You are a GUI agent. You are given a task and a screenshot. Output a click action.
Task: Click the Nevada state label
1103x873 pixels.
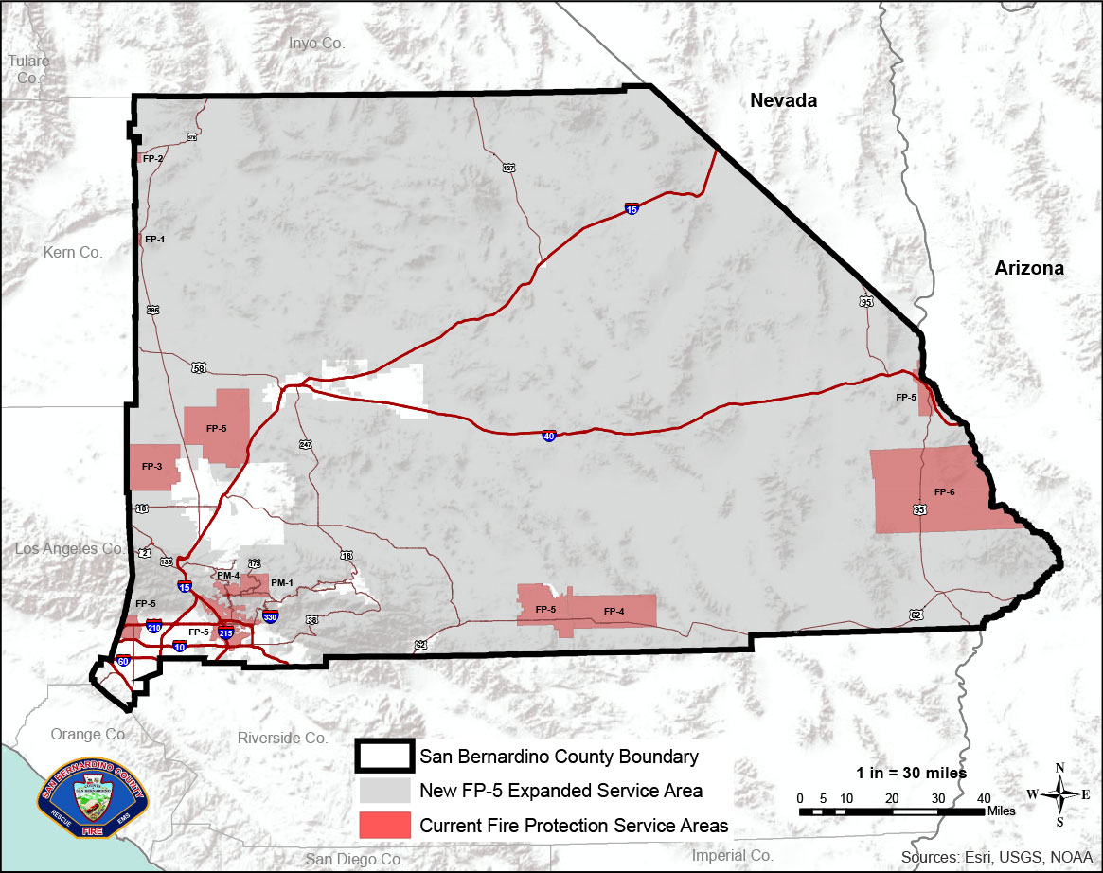point(782,100)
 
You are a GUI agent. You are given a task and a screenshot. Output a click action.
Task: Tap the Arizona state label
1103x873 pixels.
point(1028,268)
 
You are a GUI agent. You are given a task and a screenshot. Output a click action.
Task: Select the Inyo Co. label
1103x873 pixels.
point(317,43)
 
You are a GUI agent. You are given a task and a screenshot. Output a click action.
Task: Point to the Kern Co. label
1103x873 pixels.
point(72,252)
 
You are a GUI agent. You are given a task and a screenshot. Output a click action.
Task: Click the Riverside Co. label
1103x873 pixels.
point(282,738)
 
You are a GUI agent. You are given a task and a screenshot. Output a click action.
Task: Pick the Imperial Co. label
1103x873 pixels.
point(733,855)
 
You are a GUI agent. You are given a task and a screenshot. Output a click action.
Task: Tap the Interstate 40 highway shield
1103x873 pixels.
point(548,436)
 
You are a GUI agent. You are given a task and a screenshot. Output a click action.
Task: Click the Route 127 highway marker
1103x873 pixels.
point(508,168)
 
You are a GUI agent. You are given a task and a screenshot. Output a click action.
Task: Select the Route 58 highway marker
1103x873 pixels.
point(198,367)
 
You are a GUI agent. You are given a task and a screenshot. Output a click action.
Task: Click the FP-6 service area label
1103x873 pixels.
point(944,492)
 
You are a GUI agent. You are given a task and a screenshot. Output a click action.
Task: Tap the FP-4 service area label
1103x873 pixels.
point(614,612)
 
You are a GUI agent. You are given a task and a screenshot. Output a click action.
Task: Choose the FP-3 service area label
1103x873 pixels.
point(152,467)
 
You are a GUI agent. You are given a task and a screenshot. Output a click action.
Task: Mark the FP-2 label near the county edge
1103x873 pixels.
point(153,158)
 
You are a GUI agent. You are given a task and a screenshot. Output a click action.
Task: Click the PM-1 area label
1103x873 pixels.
point(282,582)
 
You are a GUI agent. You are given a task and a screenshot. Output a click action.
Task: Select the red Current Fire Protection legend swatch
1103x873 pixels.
point(384,825)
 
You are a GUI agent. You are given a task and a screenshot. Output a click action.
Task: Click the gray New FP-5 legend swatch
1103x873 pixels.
point(384,791)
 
